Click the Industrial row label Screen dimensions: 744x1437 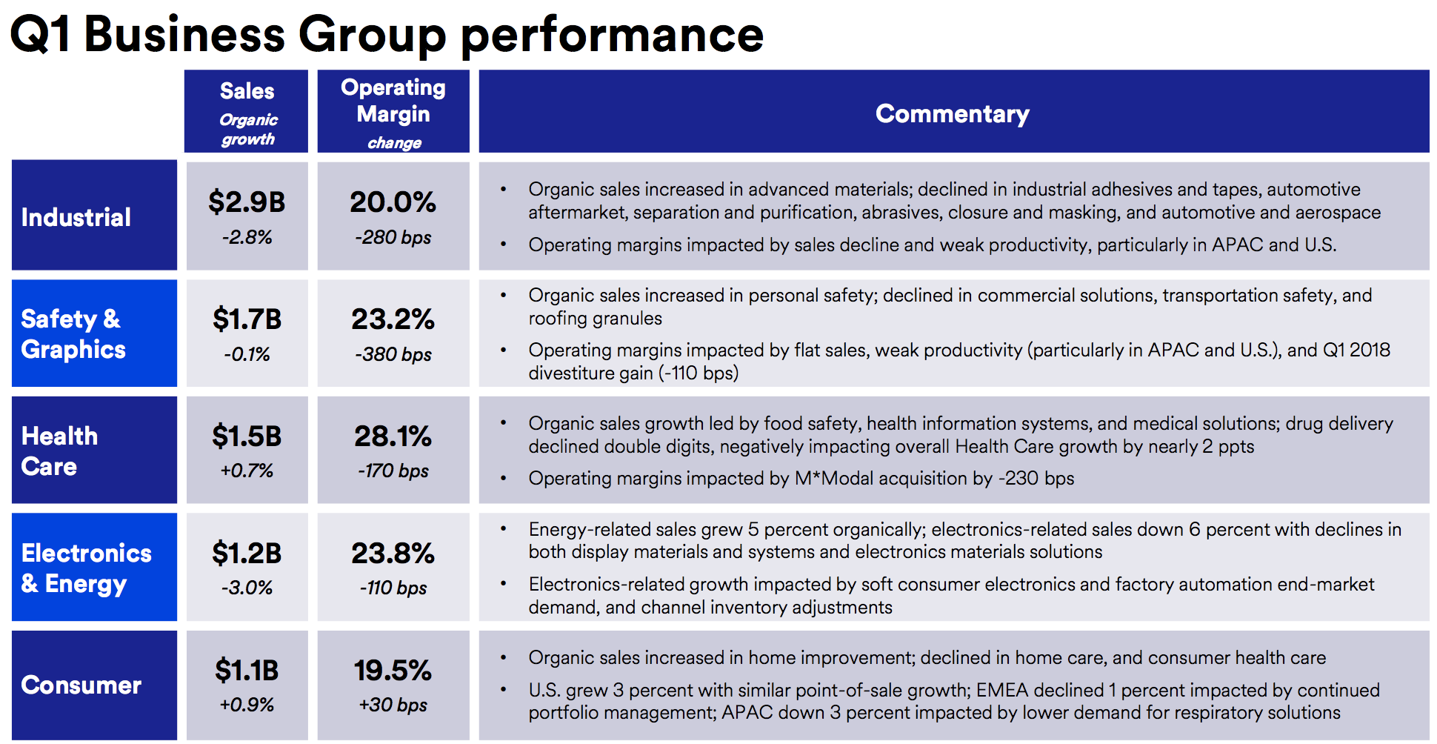(x=76, y=217)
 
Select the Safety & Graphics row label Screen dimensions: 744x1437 (x=73, y=333)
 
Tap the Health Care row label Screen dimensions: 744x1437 (x=59, y=451)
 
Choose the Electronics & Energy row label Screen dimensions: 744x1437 (x=86, y=568)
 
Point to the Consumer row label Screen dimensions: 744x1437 (x=81, y=685)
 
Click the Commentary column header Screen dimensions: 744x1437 (x=953, y=113)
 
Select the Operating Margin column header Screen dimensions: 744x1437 (x=393, y=101)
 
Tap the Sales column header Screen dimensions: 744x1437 (x=247, y=91)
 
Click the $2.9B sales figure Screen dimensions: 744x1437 (x=247, y=202)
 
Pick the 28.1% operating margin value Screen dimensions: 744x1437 (x=393, y=436)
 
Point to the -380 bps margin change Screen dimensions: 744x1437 (x=393, y=354)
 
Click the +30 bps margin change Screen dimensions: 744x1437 (x=393, y=705)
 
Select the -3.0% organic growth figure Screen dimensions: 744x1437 (x=247, y=588)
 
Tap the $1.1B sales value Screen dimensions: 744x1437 (x=247, y=670)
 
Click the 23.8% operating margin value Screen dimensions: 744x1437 (x=393, y=553)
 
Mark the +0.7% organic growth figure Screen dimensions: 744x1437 (x=247, y=471)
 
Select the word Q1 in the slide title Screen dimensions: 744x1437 (x=41, y=35)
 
